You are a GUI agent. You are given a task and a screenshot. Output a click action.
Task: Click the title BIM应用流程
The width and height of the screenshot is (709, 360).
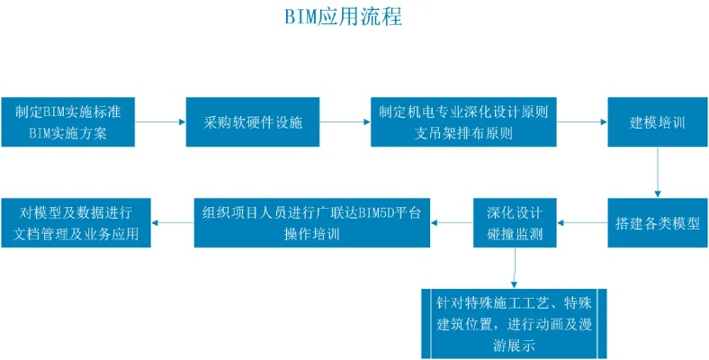tap(342, 17)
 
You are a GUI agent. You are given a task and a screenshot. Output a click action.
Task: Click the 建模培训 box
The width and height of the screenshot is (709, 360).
tap(659, 121)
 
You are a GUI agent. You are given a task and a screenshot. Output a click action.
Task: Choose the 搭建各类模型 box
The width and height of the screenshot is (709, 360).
tap(659, 222)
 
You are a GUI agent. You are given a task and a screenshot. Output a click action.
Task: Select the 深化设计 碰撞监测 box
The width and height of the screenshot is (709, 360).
tap(516, 222)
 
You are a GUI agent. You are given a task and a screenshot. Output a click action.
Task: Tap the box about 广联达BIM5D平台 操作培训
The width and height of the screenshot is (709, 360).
tap(313, 222)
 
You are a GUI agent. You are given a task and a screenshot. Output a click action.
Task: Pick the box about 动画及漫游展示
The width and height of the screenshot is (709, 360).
tap(515, 322)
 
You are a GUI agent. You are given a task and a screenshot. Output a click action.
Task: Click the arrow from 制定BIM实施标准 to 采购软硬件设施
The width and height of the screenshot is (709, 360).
tap(159, 121)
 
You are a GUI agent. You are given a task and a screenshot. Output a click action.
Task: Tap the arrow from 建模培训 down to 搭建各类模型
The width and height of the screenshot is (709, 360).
tap(659, 172)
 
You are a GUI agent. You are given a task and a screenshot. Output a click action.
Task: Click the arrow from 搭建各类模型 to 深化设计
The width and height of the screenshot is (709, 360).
tap(582, 222)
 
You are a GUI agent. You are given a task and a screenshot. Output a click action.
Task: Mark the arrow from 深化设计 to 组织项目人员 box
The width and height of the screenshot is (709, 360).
tap(453, 222)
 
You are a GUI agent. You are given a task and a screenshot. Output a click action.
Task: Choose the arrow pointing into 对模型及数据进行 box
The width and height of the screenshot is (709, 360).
tap(173, 222)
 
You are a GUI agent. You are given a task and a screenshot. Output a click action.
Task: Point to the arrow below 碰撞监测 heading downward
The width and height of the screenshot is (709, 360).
tap(515, 268)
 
